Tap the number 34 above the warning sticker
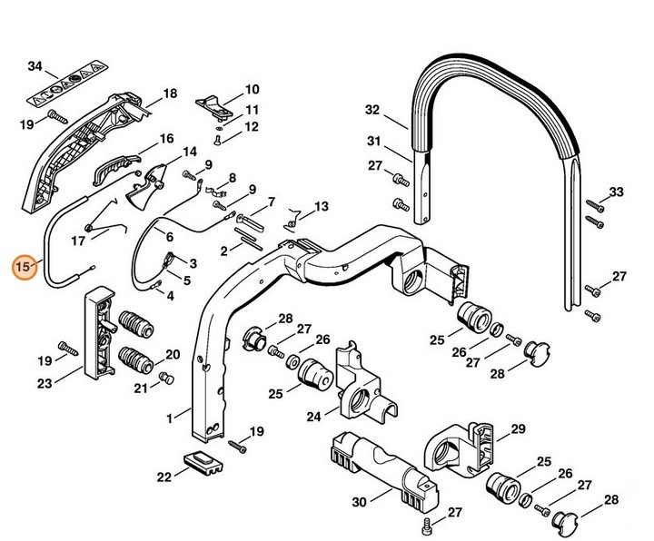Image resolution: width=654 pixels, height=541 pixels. click(35, 66)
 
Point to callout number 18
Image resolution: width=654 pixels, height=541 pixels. click(169, 94)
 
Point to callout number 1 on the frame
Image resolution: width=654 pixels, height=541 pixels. click(172, 419)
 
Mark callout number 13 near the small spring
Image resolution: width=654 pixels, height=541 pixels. click(322, 208)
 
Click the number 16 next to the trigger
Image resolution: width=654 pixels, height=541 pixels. click(166, 138)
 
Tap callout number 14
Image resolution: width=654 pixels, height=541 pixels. click(190, 152)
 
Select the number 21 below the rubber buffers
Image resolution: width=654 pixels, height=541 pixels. click(141, 389)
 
